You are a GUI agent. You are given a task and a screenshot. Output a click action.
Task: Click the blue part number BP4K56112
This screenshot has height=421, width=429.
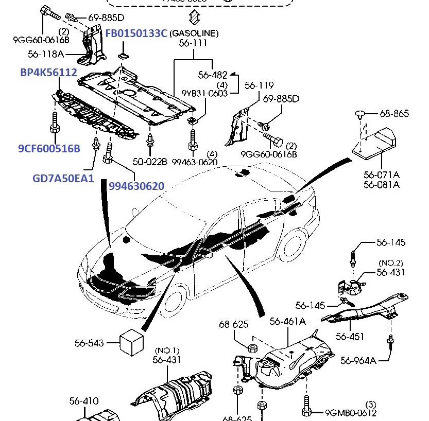pyautogui.click(x=48, y=73)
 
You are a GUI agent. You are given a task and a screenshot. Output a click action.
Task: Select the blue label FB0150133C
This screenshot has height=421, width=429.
pyautogui.click(x=136, y=33)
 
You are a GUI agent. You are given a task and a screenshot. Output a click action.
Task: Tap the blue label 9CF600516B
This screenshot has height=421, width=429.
pyautogui.click(x=49, y=149)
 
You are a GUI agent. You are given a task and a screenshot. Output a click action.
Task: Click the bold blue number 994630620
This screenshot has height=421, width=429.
pyautogui.click(x=136, y=186)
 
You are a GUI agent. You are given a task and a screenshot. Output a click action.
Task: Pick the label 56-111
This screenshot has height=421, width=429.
pyautogui.click(x=193, y=44)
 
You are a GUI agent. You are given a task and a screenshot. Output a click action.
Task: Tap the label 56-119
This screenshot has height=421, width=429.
pyautogui.click(x=259, y=85)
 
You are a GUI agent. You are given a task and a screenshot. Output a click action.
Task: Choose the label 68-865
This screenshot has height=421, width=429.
pyautogui.click(x=394, y=113)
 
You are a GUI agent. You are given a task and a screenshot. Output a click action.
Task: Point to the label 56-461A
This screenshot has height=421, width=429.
pyautogui.click(x=287, y=322)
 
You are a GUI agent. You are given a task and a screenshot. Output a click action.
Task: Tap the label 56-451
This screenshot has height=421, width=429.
pyautogui.click(x=350, y=337)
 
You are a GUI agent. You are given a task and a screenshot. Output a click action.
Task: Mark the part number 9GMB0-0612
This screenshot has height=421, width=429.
pyautogui.click(x=351, y=413)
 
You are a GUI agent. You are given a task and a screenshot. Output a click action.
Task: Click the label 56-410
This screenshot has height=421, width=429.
pyautogui.click(x=84, y=401)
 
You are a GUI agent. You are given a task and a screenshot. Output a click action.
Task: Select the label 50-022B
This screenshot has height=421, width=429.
pyautogui.click(x=150, y=162)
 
